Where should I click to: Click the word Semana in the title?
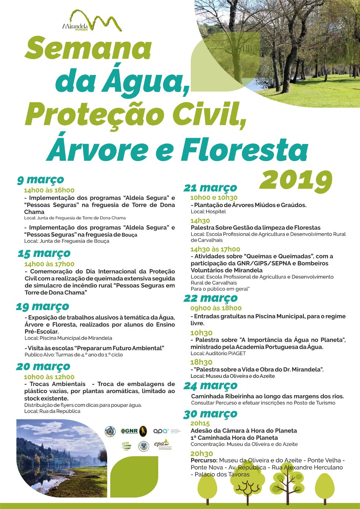pos(88,48)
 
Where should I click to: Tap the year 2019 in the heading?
pos(296,180)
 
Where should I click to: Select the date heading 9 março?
pos(40,180)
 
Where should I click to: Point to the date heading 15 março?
pos(44,253)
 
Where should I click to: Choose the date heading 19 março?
pos(43,306)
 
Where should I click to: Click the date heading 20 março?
pos(43,367)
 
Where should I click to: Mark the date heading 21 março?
pos(210,188)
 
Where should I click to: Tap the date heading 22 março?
pos(210,298)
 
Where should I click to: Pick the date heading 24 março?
pos(210,386)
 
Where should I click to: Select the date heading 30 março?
pos(210,414)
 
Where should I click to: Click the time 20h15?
pos(200,423)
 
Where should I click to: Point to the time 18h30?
pos(201,362)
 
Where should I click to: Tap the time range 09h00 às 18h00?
pos(216,308)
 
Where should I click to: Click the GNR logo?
pos(130,431)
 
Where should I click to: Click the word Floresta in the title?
pos(244,150)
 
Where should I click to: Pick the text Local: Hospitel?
pos(208,212)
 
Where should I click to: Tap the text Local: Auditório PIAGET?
pos(218,353)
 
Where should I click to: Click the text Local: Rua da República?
pos(52,411)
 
